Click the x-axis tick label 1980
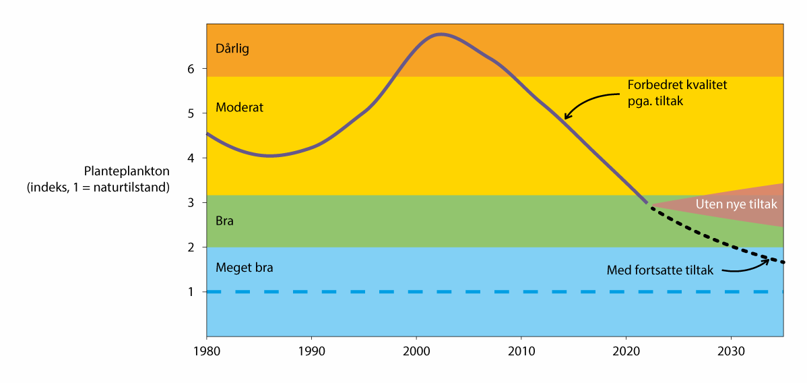pyautogui.click(x=206, y=351)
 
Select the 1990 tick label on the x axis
pyautogui.click(x=311, y=351)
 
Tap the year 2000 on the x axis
pyautogui.click(x=416, y=351)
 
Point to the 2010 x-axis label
pyautogui.click(x=521, y=351)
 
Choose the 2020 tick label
pyautogui.click(x=626, y=351)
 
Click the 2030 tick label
pyautogui.click(x=732, y=351)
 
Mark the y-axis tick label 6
pyautogui.click(x=191, y=69)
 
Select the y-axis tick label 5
pyautogui.click(x=191, y=113)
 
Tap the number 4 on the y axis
pyautogui.click(x=191, y=158)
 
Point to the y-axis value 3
pyautogui.click(x=191, y=202)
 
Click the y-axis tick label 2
pyautogui.click(x=191, y=247)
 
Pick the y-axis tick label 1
pyautogui.click(x=191, y=292)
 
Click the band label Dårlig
pyautogui.click(x=232, y=49)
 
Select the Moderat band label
pyautogui.click(x=239, y=107)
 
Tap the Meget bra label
pyautogui.click(x=244, y=268)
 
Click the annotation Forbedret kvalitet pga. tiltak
pyautogui.click(x=677, y=92)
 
